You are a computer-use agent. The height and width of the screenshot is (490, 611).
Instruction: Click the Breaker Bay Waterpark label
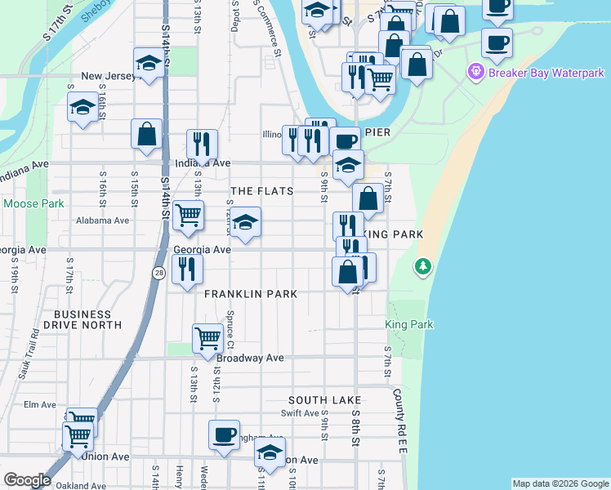[534, 73]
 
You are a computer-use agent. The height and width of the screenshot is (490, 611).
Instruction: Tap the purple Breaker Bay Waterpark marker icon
[476, 73]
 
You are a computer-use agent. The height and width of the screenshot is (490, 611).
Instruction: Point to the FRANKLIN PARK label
[251, 293]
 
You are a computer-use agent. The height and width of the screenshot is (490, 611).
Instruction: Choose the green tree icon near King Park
[422, 266]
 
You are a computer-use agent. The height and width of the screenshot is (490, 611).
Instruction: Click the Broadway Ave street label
[250, 358]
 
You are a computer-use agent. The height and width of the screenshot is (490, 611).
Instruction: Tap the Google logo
[27, 480]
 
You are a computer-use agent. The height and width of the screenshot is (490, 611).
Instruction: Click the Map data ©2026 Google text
[560, 483]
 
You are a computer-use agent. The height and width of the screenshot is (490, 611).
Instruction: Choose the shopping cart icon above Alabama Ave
[189, 215]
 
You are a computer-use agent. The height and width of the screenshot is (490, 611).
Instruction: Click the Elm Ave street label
[39, 404]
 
